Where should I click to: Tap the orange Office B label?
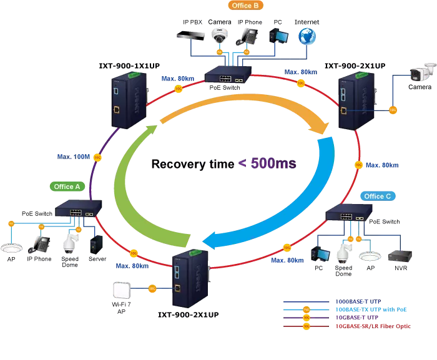pos(245,6)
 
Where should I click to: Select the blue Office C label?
pos(378,196)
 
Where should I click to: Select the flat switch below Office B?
pos(228,77)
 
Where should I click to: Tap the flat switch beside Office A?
pos(77,212)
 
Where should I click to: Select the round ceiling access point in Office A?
pos(11,248)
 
